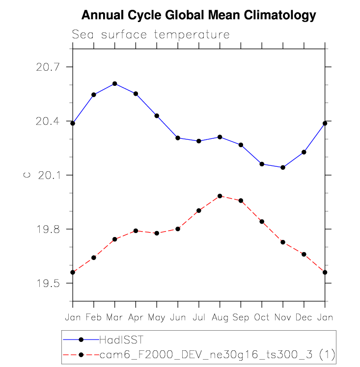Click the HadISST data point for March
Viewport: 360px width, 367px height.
[114, 83]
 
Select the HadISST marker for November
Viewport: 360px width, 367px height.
[282, 167]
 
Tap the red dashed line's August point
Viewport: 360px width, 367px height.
[220, 196]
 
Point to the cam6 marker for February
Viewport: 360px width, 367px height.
[93, 258]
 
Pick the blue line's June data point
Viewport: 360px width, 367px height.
[178, 138]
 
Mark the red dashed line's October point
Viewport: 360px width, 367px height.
[262, 222]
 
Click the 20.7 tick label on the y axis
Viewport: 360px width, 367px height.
[47, 67]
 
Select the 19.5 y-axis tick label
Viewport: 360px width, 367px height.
[47, 284]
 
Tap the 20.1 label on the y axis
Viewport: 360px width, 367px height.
[47, 175]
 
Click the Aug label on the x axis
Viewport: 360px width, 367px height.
[220, 317]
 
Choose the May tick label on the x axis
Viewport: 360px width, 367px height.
[157, 317]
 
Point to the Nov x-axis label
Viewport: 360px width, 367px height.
[282, 317]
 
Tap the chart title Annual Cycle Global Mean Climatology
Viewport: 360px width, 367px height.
[198, 16]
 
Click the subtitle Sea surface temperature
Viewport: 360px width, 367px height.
[151, 35]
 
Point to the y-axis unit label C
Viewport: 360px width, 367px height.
[28, 175]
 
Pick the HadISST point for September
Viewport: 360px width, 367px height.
[241, 145]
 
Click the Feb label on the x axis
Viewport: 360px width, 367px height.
[93, 317]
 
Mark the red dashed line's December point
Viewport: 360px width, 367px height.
[304, 254]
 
